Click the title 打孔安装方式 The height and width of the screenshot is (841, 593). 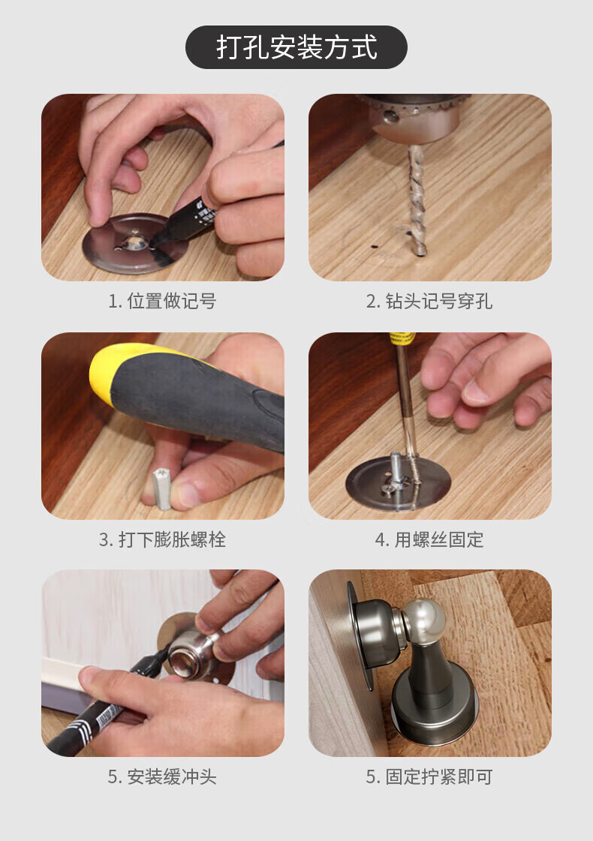coord(296,47)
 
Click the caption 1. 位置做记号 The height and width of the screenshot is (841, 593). coord(162,301)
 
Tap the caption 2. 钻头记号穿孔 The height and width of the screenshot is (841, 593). coord(429,301)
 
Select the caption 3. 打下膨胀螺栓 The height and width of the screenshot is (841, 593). coord(162,539)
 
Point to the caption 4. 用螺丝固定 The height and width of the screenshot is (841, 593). coord(429,539)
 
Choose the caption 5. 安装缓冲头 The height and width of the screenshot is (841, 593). coord(162,776)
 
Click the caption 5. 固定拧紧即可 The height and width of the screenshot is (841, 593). coord(429,776)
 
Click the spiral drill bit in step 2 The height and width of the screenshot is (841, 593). coord(417,200)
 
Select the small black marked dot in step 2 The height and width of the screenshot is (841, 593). coord(374,248)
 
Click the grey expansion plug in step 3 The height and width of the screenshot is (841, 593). coord(162,488)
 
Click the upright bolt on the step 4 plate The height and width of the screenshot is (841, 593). coord(395,469)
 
